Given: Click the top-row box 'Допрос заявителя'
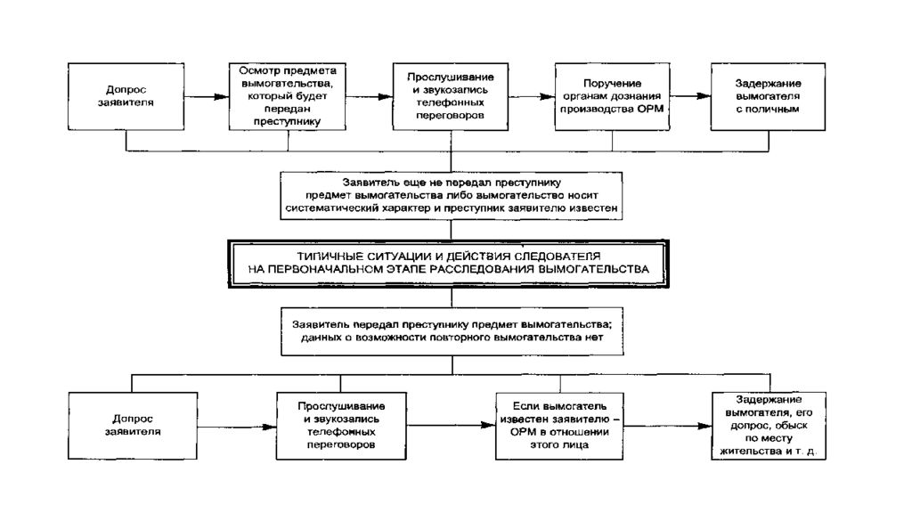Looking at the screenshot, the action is [x=126, y=96].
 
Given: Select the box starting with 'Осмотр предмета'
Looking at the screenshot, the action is [x=288, y=96].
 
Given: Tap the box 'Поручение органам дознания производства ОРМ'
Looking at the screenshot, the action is [x=612, y=96].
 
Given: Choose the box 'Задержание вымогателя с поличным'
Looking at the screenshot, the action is [x=768, y=96].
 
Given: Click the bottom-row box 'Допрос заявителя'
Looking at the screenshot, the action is [x=133, y=426].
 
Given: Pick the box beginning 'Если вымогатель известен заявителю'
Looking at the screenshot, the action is [x=559, y=426].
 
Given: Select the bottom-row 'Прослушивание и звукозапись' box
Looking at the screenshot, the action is [x=341, y=426].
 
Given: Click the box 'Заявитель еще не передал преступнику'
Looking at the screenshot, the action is [x=452, y=195].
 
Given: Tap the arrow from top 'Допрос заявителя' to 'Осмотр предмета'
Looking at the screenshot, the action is [x=207, y=96].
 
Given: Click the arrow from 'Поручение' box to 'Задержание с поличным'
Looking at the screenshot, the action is [x=690, y=96].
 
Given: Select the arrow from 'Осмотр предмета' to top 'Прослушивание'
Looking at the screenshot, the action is [x=370, y=96].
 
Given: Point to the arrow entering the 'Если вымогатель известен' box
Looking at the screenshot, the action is [x=451, y=426].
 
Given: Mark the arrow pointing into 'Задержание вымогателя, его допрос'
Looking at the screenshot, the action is [x=668, y=426].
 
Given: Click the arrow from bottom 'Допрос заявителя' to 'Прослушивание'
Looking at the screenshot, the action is [x=237, y=427].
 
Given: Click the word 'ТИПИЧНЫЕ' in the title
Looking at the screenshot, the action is [x=330, y=256].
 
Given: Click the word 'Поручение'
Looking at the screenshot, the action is [x=612, y=83].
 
